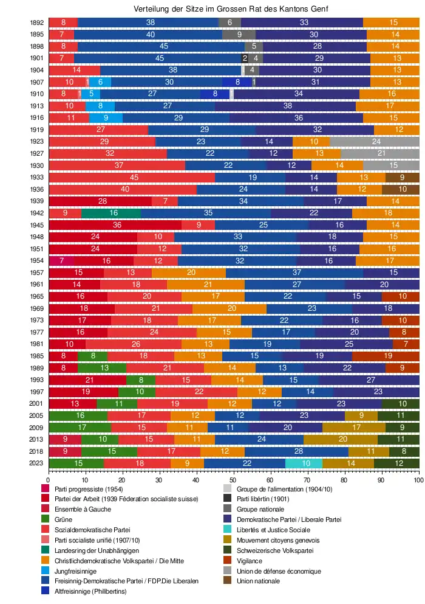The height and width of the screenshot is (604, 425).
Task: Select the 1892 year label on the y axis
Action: tap(36, 23)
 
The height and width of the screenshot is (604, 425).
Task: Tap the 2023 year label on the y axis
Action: tap(36, 463)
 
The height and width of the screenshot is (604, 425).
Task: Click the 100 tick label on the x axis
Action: tap(418, 480)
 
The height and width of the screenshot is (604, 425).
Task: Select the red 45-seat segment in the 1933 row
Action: tap(132, 177)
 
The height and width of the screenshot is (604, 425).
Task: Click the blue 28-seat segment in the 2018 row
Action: tap(296, 451)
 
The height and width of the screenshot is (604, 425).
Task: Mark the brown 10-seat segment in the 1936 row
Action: tap(400, 189)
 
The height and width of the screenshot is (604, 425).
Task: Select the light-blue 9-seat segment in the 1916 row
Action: tap(106, 117)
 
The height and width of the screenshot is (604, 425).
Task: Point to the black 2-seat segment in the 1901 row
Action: tap(245, 58)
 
